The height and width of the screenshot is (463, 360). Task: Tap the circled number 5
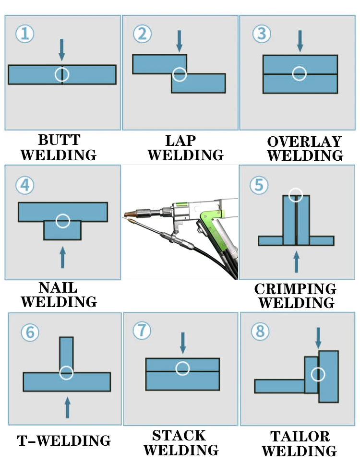point(259,184)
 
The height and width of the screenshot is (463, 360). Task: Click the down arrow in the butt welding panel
point(61,49)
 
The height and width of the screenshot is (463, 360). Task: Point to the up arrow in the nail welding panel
point(62,257)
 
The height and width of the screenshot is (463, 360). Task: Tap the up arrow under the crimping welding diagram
point(296,261)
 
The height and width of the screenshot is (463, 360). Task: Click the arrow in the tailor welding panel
point(318,338)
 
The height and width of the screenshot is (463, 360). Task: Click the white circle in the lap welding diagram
point(180,74)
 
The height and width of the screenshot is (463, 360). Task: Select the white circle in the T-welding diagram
point(67,373)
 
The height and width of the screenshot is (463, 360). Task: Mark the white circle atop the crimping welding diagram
point(296,195)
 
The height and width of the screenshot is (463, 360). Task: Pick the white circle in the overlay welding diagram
point(300,73)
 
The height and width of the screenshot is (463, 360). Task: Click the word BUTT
point(59,140)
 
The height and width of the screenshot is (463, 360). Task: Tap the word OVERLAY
point(304,142)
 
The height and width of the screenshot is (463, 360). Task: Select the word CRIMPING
point(295,289)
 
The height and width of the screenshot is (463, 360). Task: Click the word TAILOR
point(300,436)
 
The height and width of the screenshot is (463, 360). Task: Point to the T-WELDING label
point(64,440)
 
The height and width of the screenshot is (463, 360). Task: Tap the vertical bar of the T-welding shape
point(67,353)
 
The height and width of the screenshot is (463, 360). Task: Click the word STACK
point(179,436)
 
